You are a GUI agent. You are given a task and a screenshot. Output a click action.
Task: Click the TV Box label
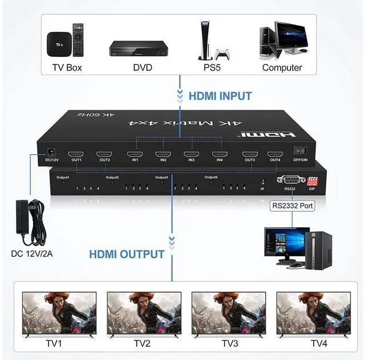(63, 68)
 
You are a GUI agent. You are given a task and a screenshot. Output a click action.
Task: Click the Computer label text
(282, 68)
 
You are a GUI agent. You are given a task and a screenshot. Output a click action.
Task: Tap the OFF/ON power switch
(300, 151)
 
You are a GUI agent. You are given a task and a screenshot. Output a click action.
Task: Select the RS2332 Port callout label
(293, 206)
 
